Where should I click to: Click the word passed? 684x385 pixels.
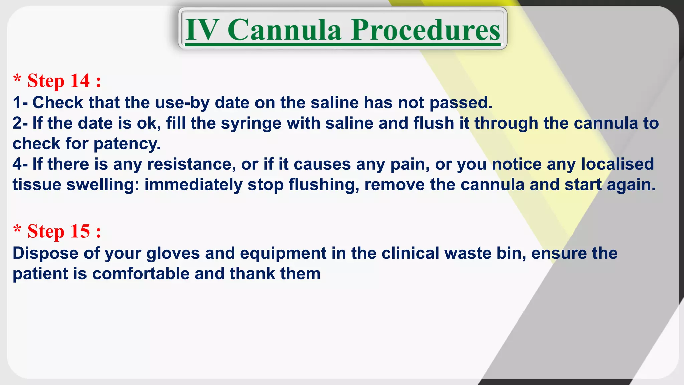pyautogui.click(x=461, y=103)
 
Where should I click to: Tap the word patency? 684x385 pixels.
pyautogui.click(x=127, y=144)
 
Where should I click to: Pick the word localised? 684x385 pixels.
pyautogui.click(x=617, y=164)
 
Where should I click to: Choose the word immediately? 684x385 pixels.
pyautogui.click(x=193, y=185)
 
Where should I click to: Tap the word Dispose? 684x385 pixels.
pyautogui.click(x=45, y=253)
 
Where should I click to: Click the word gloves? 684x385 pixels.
pyautogui.click(x=173, y=253)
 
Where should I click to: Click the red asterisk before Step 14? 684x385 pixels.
pyautogui.click(x=17, y=80)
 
